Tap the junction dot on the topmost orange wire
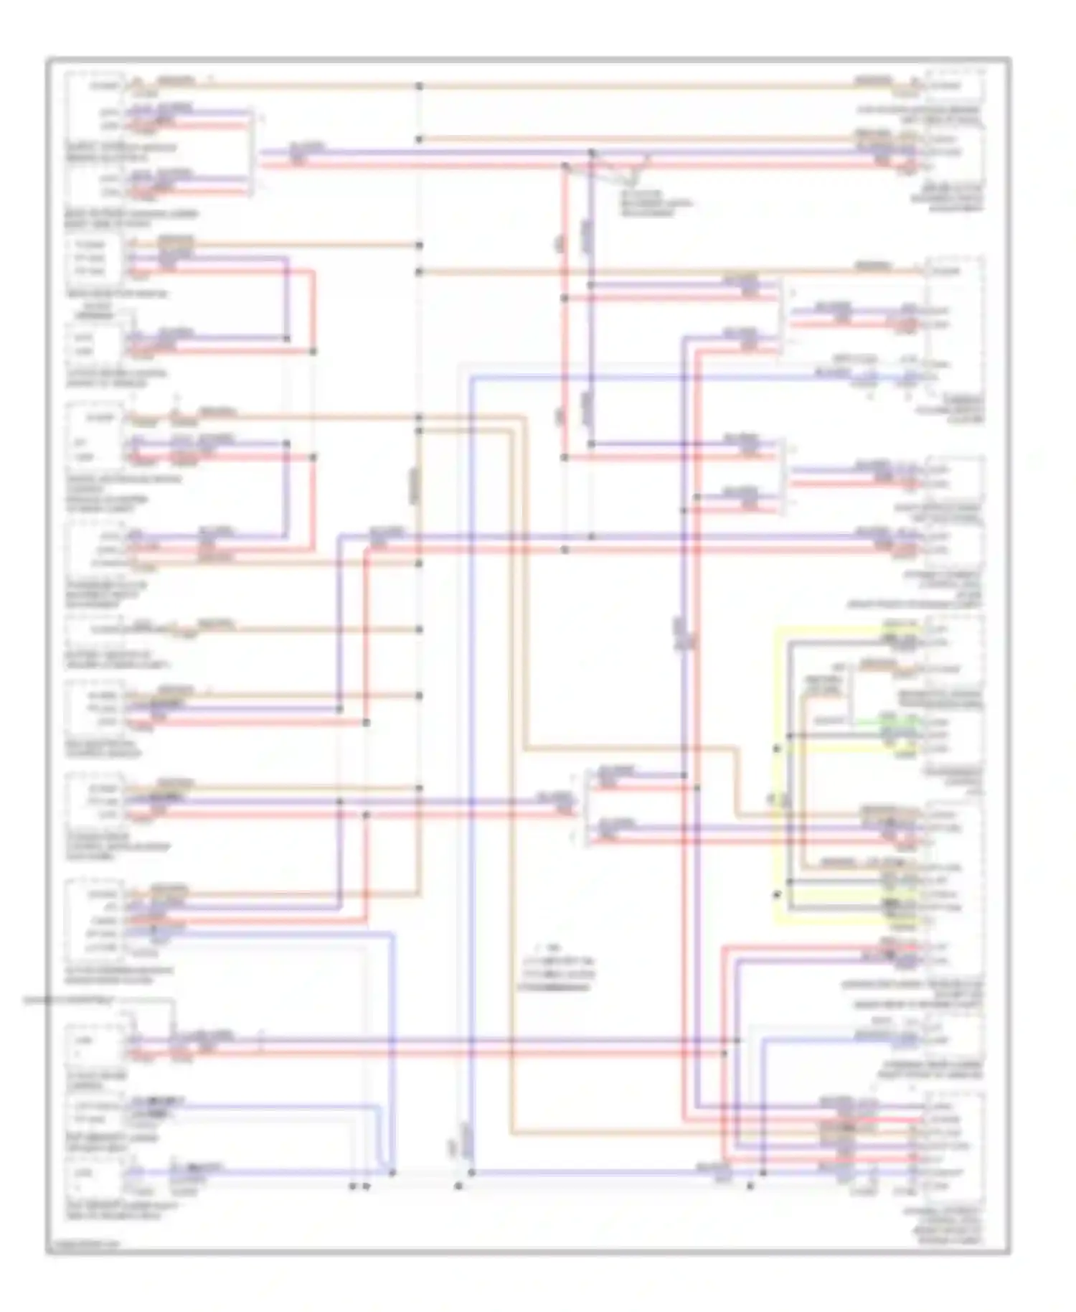[x=419, y=86]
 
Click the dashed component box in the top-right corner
[x=954, y=86]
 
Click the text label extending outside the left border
[x=68, y=1000]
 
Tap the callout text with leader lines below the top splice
[x=654, y=203]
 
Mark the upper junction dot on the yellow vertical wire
[x=776, y=749]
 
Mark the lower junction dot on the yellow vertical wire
[x=776, y=894]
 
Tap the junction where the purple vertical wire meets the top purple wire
[x=591, y=153]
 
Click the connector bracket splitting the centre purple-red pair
[x=586, y=807]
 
